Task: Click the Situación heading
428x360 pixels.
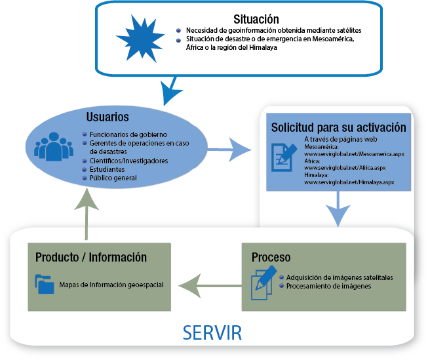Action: coord(256,20)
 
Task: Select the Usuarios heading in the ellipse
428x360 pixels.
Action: coord(107,117)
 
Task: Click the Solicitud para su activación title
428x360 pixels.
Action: coord(338,127)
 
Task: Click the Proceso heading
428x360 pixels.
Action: coord(271,257)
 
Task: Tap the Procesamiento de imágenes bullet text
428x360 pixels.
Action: coord(328,287)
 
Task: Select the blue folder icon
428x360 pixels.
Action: coord(45,284)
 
